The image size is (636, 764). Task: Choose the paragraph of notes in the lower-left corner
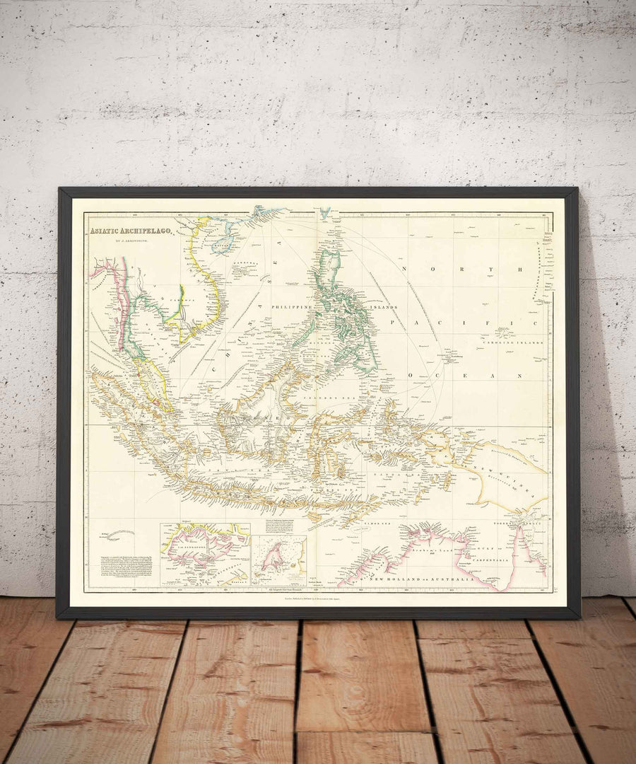click(x=119, y=570)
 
